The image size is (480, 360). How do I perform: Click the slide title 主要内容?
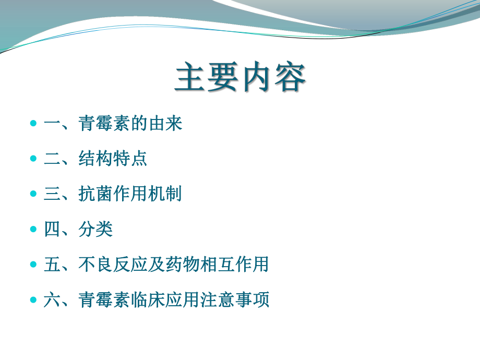241,77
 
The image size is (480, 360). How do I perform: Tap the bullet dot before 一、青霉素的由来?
33,123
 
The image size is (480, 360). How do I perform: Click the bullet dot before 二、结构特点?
33,159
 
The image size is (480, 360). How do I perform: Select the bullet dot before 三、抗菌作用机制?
33,194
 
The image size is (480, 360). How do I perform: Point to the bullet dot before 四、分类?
33,229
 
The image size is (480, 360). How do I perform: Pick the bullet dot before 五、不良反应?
33,264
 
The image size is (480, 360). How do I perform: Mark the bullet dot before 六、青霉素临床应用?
33,299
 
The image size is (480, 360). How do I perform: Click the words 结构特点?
113,159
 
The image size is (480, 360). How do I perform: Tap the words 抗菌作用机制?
130,194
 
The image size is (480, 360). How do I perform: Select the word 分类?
95,229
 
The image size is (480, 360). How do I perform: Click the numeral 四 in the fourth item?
52,229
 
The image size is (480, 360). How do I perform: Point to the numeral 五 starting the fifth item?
52,264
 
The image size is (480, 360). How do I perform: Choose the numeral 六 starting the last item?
52,299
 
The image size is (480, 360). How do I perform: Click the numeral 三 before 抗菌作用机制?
52,194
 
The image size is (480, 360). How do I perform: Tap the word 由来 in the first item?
165,123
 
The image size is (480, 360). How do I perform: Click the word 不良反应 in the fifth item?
113,264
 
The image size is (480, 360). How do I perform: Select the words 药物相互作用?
217,264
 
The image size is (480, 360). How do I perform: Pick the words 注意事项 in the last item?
234,299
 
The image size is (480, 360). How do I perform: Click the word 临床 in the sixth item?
148,299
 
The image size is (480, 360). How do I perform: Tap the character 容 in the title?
290,77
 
